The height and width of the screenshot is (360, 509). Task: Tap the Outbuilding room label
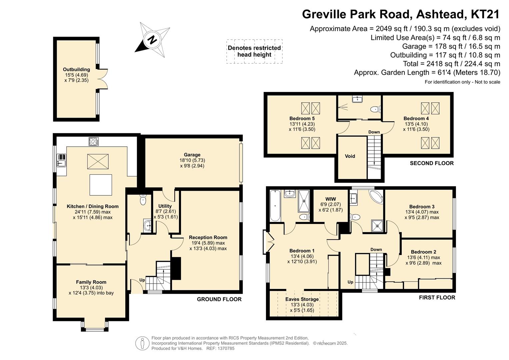point(76,70)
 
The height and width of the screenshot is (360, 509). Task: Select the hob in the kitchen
point(94,142)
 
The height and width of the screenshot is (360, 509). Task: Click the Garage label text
point(192,155)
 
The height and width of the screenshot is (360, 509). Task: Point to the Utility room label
point(165,206)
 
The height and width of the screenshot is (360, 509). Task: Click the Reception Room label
point(208,237)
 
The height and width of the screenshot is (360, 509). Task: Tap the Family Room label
point(91,282)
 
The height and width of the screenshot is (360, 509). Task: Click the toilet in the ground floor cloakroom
point(143,200)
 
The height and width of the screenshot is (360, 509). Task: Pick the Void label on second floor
point(350,156)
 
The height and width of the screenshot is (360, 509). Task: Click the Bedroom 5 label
point(302,118)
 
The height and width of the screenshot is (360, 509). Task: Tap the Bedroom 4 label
point(416,118)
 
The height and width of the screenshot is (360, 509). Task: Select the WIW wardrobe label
point(330,199)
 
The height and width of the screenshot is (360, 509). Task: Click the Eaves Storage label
point(302,299)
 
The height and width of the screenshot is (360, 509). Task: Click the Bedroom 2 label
point(424,252)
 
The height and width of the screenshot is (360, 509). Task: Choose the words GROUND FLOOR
point(219,299)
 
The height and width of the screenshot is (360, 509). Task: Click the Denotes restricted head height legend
point(254,51)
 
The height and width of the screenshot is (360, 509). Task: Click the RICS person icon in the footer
point(142,343)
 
